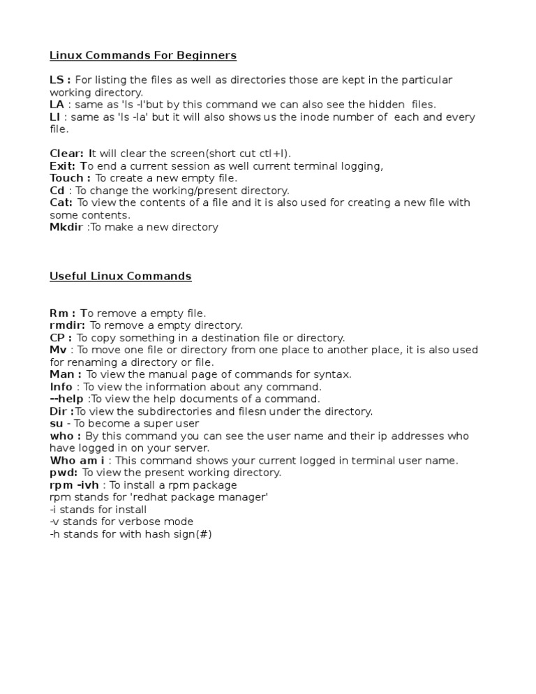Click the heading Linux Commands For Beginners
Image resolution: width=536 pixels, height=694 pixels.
pyautogui.click(x=143, y=55)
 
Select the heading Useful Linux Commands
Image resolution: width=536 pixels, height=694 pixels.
pyautogui.click(x=120, y=276)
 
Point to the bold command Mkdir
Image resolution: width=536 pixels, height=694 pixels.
pyautogui.click(x=66, y=227)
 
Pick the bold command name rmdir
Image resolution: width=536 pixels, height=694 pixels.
pyautogui.click(x=67, y=325)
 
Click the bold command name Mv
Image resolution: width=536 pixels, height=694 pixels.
pyautogui.click(x=57, y=350)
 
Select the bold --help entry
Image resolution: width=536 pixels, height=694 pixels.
pyautogui.click(x=66, y=399)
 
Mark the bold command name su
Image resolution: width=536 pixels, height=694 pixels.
pyautogui.click(x=56, y=423)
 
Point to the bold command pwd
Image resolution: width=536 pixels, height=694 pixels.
pyautogui.click(x=63, y=473)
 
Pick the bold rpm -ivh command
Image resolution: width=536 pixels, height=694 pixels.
pyautogui.click(x=75, y=485)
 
